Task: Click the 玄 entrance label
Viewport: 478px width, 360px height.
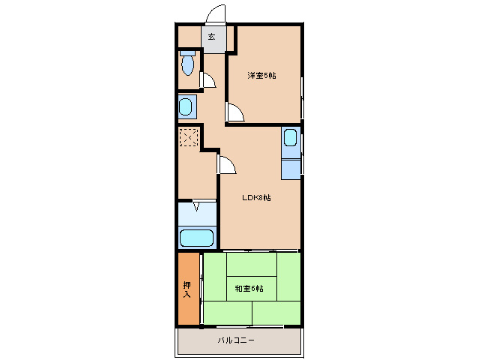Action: (x=211, y=37)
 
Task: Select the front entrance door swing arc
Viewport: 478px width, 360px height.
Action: (x=216, y=14)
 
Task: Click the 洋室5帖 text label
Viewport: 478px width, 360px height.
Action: (x=262, y=75)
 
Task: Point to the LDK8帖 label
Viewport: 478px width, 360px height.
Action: (x=256, y=198)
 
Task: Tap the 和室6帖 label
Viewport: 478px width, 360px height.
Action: (x=249, y=289)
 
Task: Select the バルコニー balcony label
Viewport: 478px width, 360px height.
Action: (x=237, y=340)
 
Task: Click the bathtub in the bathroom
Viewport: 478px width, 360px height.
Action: (x=197, y=238)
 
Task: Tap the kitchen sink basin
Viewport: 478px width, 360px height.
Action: (x=290, y=139)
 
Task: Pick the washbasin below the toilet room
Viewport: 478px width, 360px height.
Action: (x=187, y=106)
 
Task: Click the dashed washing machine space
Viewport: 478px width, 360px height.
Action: (x=188, y=138)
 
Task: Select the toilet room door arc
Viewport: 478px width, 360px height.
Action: (x=209, y=80)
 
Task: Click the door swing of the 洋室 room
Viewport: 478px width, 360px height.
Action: (x=235, y=112)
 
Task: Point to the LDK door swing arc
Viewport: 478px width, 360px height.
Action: (x=226, y=165)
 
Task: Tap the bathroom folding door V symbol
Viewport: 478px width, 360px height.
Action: (x=197, y=206)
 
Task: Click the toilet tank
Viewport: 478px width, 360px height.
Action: (x=187, y=53)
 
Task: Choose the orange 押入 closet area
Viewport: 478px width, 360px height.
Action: (x=189, y=289)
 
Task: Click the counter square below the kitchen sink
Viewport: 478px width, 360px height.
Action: (x=290, y=166)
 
